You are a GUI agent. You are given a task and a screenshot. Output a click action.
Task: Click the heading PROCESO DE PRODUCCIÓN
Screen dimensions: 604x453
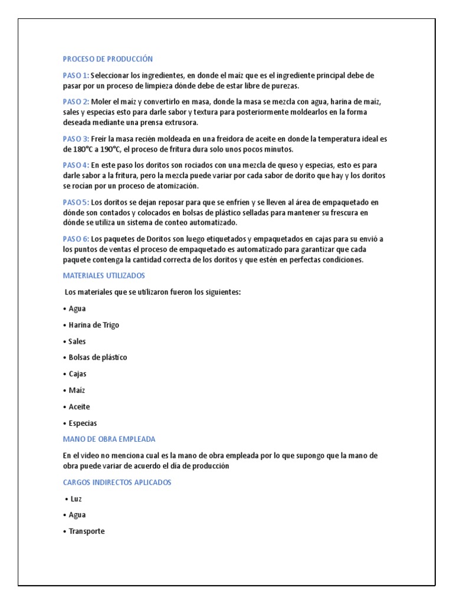[x=108, y=59]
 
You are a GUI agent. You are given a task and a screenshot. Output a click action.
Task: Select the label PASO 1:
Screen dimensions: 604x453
[x=76, y=75]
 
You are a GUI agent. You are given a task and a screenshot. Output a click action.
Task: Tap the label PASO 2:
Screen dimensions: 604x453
[x=76, y=101]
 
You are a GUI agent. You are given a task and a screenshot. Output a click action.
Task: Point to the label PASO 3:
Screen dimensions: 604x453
[x=76, y=139]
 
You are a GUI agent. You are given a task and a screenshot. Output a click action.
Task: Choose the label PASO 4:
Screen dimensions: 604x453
[x=76, y=165]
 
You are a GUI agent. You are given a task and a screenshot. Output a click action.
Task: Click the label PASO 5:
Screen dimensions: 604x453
[x=76, y=202]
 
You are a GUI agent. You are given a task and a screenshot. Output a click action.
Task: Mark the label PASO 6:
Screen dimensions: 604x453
[x=76, y=239]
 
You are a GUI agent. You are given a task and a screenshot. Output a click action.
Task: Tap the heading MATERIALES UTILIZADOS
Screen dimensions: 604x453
[x=104, y=275]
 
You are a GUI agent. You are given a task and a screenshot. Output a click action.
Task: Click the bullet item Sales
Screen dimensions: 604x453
[x=77, y=342]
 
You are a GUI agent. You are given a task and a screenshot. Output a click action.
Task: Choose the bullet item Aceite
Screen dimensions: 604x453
[x=79, y=407]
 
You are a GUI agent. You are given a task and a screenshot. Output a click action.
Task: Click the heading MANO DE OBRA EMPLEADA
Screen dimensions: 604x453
[x=109, y=439]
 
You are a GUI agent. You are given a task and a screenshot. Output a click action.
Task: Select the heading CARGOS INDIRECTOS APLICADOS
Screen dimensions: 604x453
[x=117, y=482]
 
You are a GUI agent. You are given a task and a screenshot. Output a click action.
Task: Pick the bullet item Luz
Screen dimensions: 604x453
[x=75, y=498]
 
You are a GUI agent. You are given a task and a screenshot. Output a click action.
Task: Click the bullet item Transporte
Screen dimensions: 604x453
[x=86, y=531]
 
